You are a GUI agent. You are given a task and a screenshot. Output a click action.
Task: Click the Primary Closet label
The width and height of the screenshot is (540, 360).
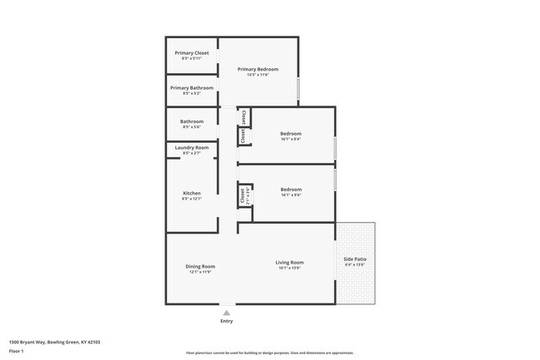(191, 52)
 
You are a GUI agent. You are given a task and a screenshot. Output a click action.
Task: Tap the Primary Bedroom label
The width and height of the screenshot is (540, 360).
(258, 69)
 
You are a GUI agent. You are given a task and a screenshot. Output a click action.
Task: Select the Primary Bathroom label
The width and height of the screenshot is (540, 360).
(191, 87)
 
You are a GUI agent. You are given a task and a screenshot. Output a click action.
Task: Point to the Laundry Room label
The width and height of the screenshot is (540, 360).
(191, 147)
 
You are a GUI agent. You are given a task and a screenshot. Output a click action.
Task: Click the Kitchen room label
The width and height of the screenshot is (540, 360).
(191, 193)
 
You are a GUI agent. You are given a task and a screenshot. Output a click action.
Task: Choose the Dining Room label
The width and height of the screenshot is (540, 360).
(201, 266)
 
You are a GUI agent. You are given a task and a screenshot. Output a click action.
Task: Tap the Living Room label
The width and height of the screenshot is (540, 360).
(289, 263)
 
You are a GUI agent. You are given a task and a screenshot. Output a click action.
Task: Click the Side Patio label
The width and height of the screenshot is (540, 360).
(356, 259)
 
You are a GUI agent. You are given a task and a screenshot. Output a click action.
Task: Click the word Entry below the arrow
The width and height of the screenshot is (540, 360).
(226, 321)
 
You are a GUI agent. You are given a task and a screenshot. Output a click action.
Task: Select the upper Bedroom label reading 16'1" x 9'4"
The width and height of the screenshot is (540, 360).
(290, 133)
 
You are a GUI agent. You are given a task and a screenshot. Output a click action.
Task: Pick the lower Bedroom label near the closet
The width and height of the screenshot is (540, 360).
(290, 189)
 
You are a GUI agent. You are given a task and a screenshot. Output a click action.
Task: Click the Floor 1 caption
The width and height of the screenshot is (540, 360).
(17, 350)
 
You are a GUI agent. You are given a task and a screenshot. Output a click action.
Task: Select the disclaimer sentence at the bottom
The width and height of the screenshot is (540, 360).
(269, 353)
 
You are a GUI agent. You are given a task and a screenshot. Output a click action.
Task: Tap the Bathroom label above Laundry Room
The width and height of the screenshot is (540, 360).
(191, 121)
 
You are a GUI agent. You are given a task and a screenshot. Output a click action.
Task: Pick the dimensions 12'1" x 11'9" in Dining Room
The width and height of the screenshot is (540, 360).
(201, 272)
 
